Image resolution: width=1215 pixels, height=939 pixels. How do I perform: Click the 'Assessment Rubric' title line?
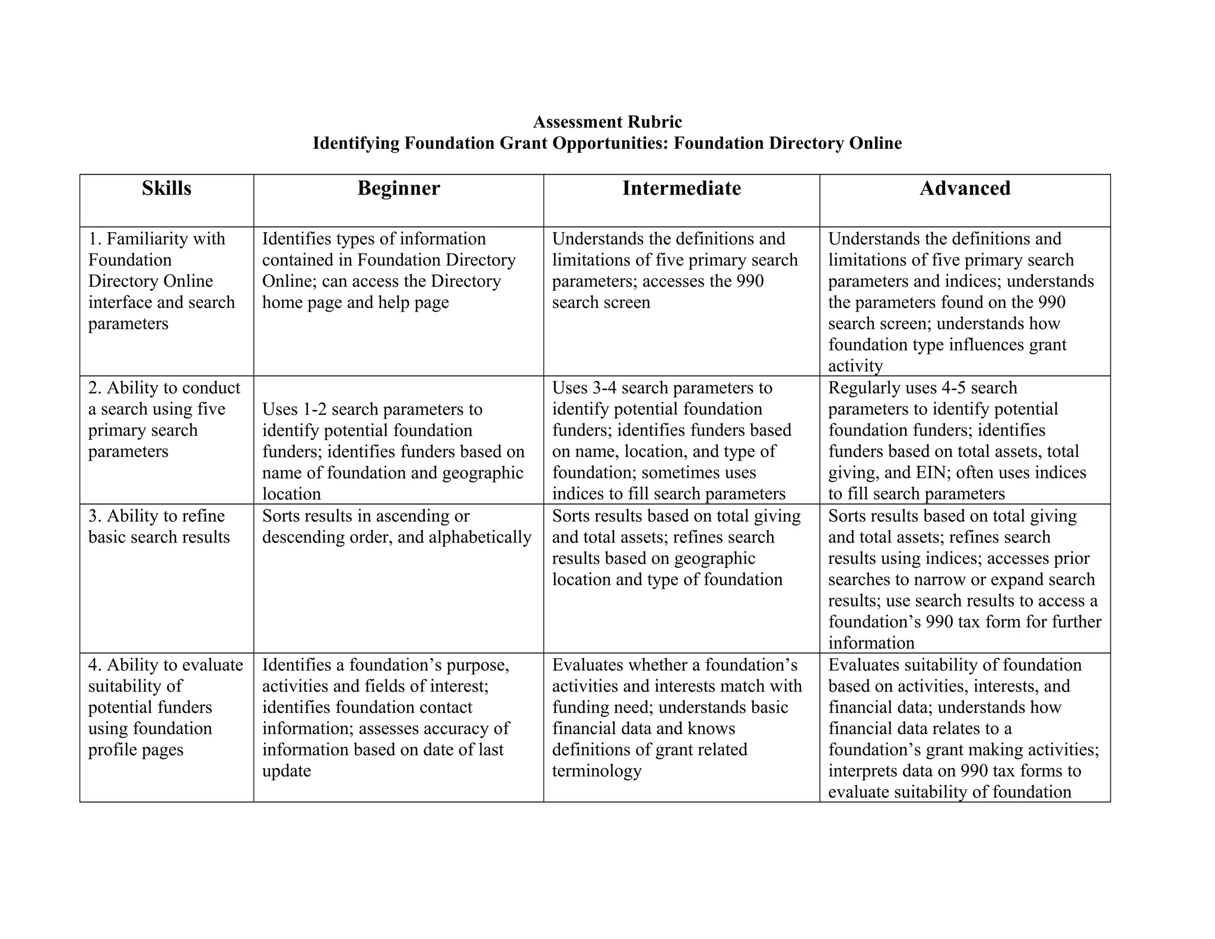point(607,122)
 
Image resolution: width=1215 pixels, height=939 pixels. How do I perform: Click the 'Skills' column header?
point(167,188)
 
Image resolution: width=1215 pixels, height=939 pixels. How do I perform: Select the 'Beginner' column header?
point(399,188)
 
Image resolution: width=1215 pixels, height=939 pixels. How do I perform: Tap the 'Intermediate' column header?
point(682,188)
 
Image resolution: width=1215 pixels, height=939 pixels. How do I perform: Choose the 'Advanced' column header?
point(965,188)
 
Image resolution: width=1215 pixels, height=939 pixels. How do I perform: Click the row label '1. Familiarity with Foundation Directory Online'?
point(161,281)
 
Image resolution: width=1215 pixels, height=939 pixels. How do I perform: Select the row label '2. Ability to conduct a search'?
point(164,419)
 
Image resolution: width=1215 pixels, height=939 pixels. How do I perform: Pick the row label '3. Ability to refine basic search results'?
point(159,526)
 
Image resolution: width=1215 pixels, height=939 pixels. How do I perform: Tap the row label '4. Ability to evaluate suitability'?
point(165,707)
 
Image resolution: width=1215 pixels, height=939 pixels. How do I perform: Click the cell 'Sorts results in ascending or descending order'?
point(396,526)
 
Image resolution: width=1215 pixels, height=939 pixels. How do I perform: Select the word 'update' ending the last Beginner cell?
point(287,771)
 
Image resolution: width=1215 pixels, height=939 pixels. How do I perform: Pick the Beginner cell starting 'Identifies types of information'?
point(389,271)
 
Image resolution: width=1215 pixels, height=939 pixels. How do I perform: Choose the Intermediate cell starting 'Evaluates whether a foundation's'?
point(676,718)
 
